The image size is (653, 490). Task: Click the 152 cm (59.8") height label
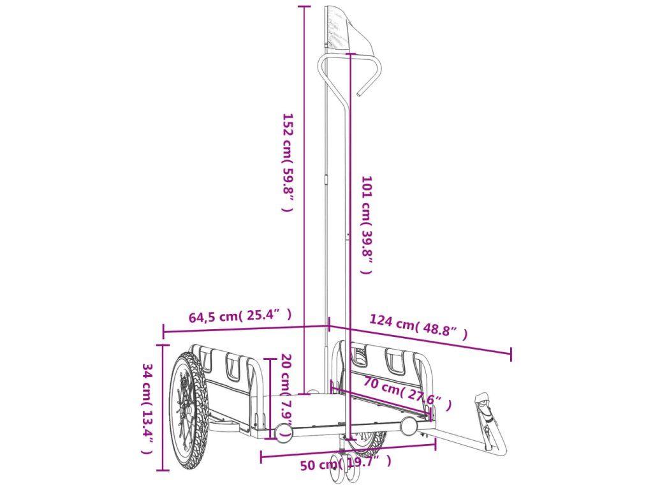tap(288, 162)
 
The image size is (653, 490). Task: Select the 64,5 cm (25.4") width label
tap(240, 315)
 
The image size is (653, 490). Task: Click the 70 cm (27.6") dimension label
tap(407, 394)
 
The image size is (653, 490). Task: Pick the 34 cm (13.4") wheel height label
tap(147, 408)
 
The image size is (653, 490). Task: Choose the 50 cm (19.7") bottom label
tap(345, 463)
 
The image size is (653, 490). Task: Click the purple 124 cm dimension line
tap(421, 339)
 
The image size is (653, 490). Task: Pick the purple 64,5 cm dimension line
tap(246, 328)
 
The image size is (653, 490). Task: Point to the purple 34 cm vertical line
tap(164, 408)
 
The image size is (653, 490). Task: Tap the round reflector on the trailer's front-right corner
tap(409, 426)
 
